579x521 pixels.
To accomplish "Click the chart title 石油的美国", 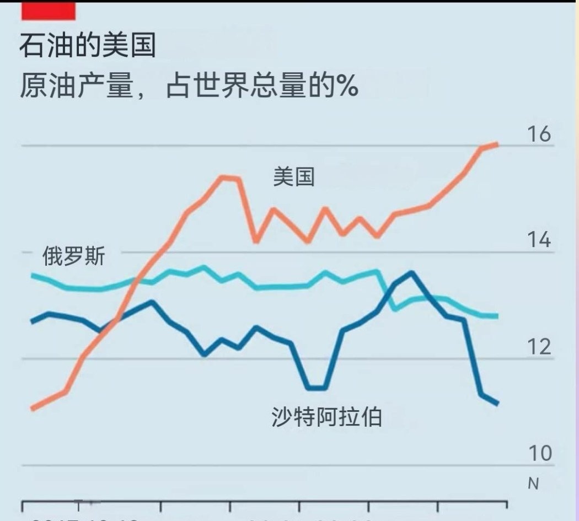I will pyautogui.click(x=87, y=46).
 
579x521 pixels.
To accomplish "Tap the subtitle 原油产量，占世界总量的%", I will pyautogui.click(x=189, y=87).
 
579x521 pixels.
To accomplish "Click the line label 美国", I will pyautogui.click(x=294, y=177).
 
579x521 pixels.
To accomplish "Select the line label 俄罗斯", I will pyautogui.click(x=73, y=256).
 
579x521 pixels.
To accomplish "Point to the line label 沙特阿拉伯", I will pyautogui.click(x=326, y=417).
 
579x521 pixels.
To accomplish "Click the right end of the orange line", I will pyautogui.click(x=497, y=144).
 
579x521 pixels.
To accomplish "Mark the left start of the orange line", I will pyautogui.click(x=33, y=409).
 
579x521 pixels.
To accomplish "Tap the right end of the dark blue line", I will pyautogui.click(x=497, y=404).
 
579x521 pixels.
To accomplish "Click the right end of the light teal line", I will pyautogui.click(x=497, y=316).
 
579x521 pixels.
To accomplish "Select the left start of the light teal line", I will pyautogui.click(x=33, y=275).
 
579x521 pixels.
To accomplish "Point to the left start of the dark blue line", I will pyautogui.click(x=33, y=322).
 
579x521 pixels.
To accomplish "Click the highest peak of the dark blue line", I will pyautogui.click(x=411, y=272).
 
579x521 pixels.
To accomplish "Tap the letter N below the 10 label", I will pyautogui.click(x=533, y=484).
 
